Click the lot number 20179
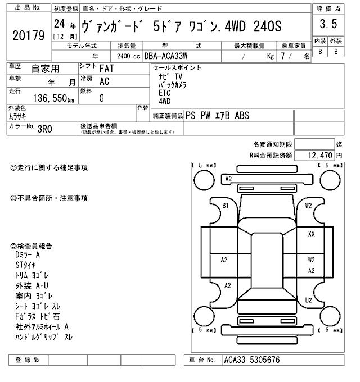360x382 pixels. (x=28, y=35)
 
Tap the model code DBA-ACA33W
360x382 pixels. (x=166, y=56)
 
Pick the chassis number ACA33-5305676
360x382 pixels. (x=251, y=360)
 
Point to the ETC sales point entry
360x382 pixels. (x=164, y=93)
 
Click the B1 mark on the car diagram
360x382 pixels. (x=226, y=206)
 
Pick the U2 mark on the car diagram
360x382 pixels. (x=309, y=301)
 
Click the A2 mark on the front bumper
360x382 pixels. (x=228, y=179)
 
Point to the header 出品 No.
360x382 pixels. (x=27, y=9)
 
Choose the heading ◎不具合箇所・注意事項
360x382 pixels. (x=49, y=198)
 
